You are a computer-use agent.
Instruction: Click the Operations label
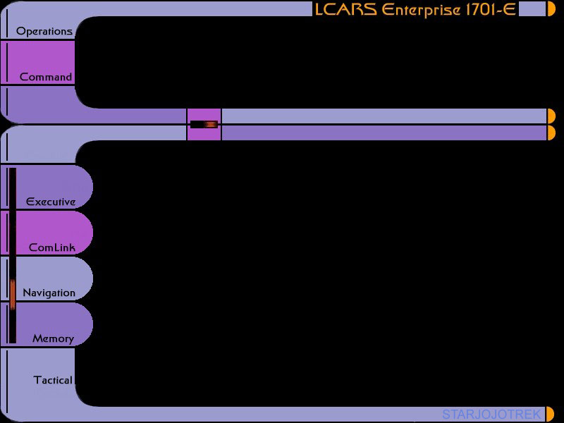tap(44, 32)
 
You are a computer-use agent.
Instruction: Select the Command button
tap(37, 63)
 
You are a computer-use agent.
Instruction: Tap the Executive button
tap(47, 187)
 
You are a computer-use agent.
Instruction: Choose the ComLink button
tap(47, 233)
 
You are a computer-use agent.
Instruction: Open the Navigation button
tap(47, 278)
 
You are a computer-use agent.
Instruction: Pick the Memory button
tap(47, 324)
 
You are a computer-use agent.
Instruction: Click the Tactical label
tap(53, 380)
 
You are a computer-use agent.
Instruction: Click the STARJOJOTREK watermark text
tap(491, 415)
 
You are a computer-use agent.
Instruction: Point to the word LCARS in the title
tap(346, 10)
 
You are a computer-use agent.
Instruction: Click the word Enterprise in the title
tap(421, 11)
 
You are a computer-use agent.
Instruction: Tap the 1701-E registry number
tap(491, 10)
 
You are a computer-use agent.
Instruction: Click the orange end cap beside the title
tap(551, 8)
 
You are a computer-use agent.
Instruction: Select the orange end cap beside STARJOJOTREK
tap(551, 414)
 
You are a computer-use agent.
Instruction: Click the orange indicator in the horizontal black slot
tap(211, 125)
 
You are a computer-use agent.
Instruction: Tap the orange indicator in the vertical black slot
tap(13, 294)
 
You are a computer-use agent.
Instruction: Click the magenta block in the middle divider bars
tap(204, 125)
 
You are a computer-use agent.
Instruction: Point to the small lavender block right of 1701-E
tap(532, 9)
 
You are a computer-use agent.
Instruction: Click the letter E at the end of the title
tap(509, 10)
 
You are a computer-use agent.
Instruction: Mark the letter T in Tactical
tap(38, 380)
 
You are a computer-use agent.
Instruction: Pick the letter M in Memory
tap(38, 338)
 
